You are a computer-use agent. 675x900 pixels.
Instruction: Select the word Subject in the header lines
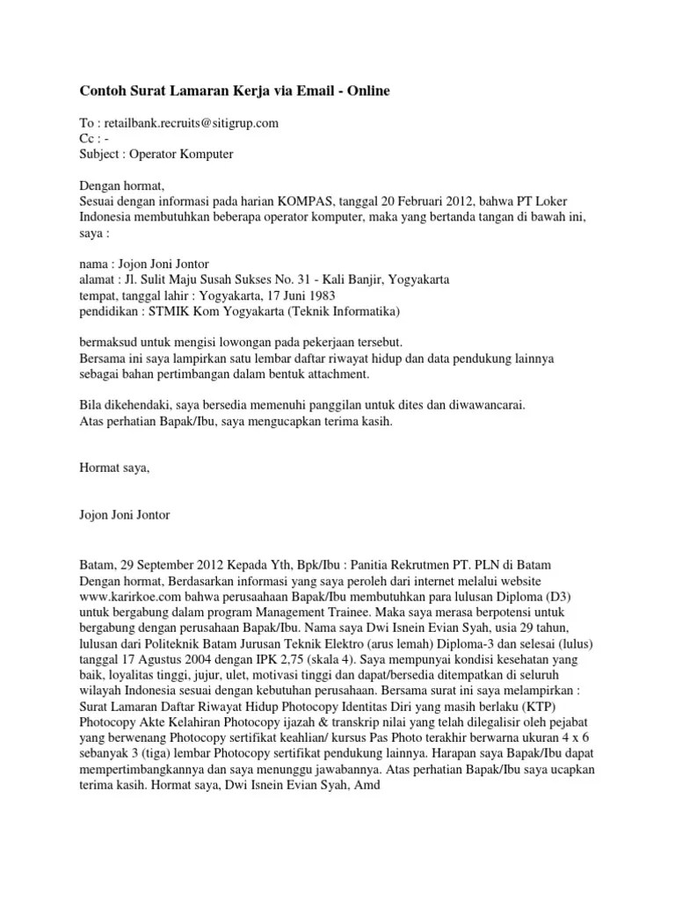coord(101,155)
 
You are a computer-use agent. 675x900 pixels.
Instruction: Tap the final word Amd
coord(364,784)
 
